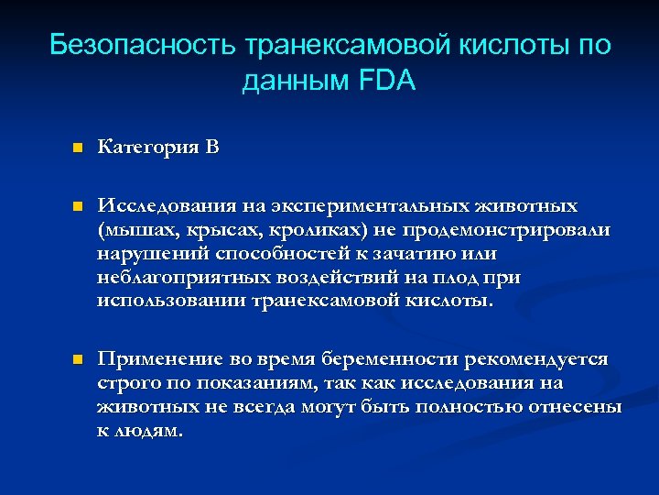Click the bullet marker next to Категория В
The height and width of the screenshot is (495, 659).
click(78, 148)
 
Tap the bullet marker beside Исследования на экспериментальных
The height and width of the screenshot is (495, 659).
click(78, 206)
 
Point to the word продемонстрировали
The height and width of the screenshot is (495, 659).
click(517, 229)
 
